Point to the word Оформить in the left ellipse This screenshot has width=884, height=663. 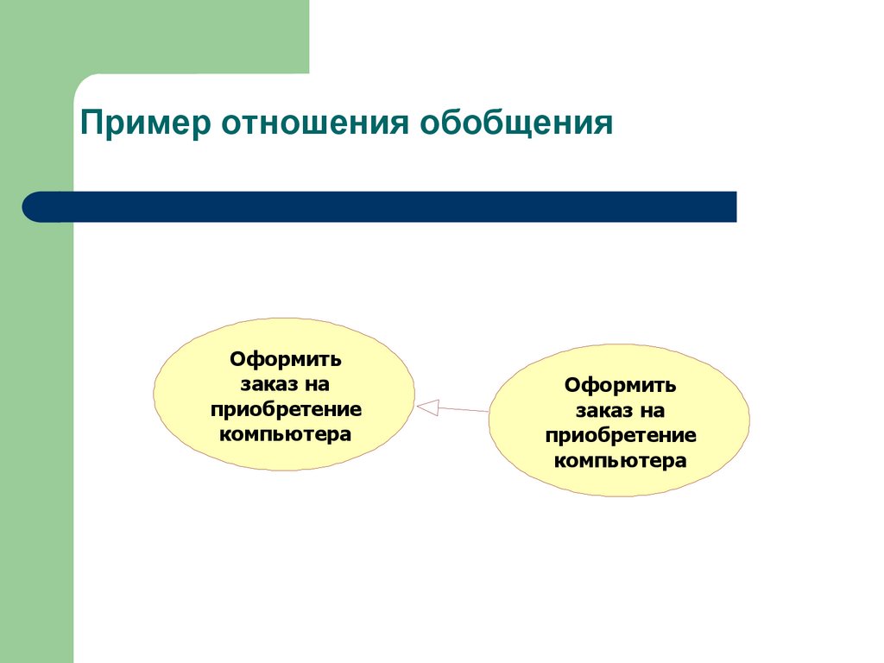click(x=286, y=358)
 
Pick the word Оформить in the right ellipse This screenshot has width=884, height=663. click(x=620, y=385)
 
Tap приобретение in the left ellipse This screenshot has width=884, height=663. click(x=286, y=408)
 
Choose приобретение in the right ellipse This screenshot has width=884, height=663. click(x=620, y=435)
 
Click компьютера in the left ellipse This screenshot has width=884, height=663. click(x=286, y=433)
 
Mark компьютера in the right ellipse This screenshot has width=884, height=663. click(x=620, y=460)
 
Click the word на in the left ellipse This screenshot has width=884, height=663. click(x=317, y=383)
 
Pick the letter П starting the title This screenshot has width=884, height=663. click(x=90, y=123)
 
